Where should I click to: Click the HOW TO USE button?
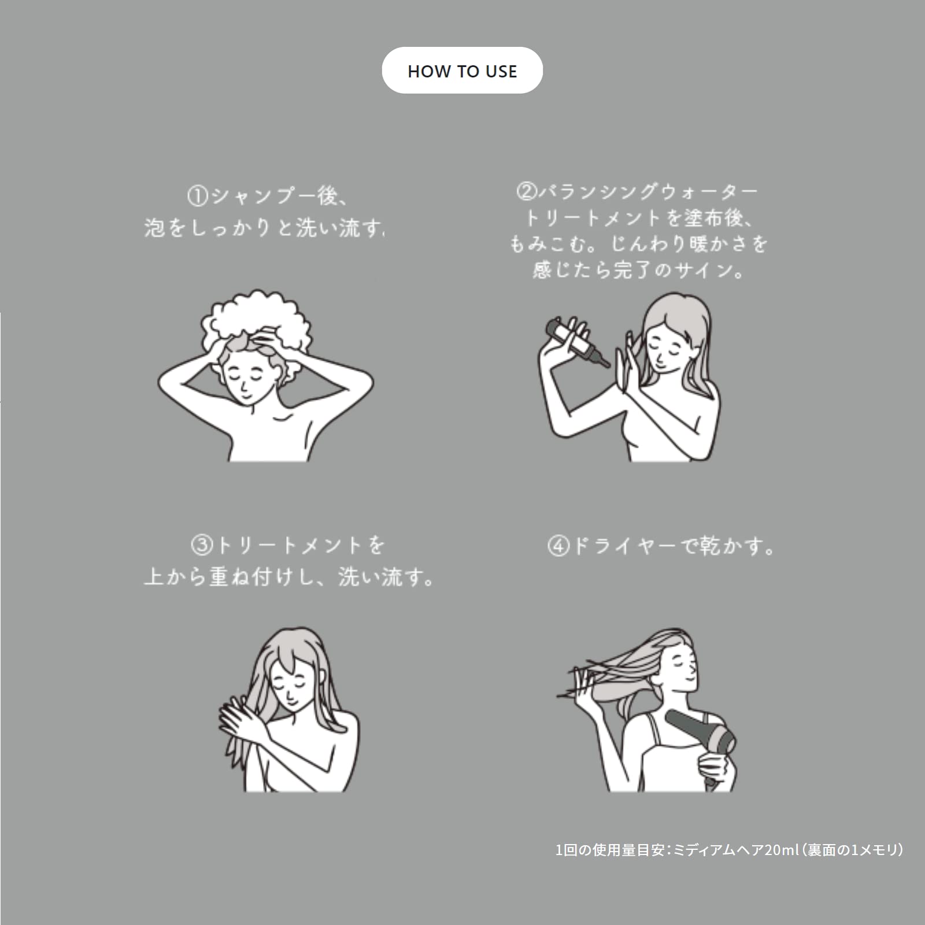pyautogui.click(x=462, y=71)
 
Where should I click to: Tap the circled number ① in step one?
pyautogui.click(x=197, y=196)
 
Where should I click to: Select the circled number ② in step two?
pyautogui.click(x=526, y=191)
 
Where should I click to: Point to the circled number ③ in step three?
pyautogui.click(x=202, y=545)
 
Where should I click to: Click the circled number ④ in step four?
pyautogui.click(x=558, y=545)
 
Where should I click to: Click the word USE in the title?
pyautogui.click(x=501, y=71)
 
